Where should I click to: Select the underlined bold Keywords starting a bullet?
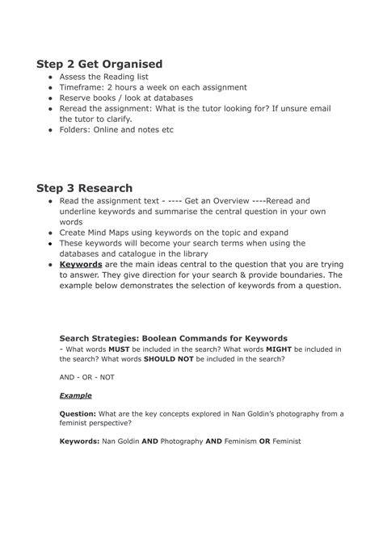click(81, 264)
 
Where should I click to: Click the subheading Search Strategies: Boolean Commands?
click(174, 337)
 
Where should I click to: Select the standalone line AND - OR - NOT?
click(87, 376)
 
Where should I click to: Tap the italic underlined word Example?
click(76, 396)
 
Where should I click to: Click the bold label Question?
click(78, 414)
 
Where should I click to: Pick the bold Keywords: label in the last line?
click(79, 442)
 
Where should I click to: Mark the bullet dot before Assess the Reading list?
click(51, 78)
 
